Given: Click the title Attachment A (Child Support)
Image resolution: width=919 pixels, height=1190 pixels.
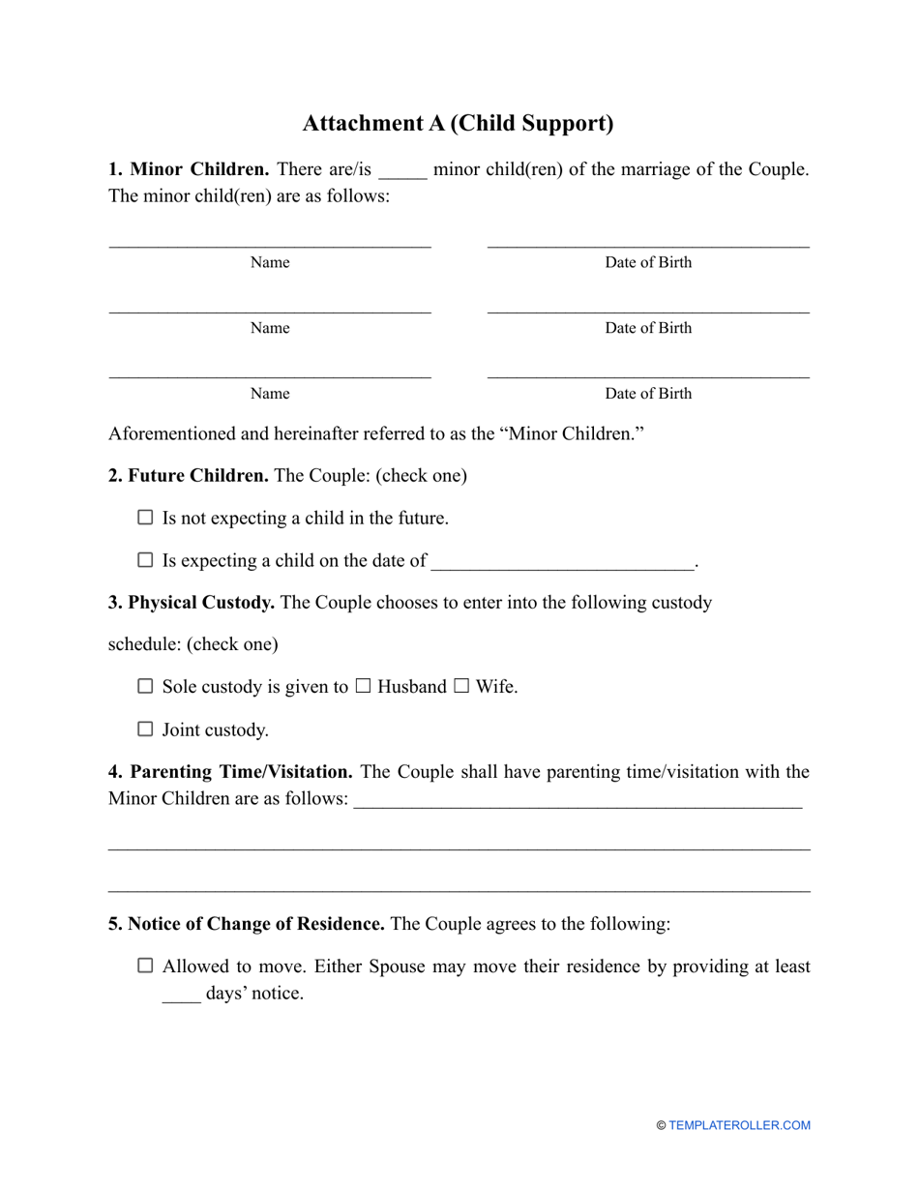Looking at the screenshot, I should [x=458, y=124].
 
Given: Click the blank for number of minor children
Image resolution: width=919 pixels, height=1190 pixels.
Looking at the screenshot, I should [x=401, y=172].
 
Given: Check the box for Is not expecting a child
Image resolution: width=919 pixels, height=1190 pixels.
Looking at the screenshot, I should [x=145, y=518].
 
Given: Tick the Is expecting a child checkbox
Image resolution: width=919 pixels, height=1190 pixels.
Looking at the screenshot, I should [x=145, y=560].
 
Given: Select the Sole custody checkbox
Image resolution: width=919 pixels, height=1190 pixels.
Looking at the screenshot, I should [x=145, y=687].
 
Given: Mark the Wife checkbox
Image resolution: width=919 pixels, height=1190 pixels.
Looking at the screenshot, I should [x=461, y=687].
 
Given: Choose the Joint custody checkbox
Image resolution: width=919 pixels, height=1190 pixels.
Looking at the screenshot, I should [x=145, y=729].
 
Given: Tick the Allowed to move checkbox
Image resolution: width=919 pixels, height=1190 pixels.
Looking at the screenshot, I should [x=145, y=966].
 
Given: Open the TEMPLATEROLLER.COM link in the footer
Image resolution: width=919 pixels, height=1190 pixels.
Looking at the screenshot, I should [x=739, y=1125].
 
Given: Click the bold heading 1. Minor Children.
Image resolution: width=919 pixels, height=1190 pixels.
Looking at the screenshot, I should [x=189, y=170].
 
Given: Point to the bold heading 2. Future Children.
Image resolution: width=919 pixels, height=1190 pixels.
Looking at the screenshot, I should [x=189, y=476].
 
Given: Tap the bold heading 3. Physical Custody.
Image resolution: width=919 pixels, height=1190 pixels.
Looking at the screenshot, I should [x=192, y=603].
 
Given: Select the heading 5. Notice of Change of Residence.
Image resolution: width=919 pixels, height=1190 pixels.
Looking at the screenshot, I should [x=246, y=924].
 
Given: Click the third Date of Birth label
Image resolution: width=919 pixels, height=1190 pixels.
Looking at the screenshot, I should [x=648, y=394].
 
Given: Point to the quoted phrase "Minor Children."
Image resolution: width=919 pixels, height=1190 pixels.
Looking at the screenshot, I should [x=571, y=434].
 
